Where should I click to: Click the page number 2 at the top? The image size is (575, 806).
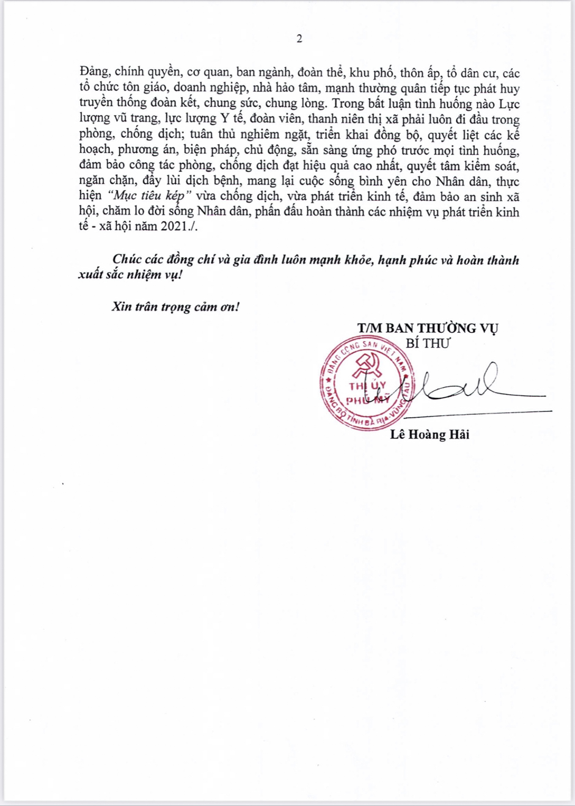[x=299, y=39]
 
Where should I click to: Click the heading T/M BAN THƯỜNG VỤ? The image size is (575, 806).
[x=427, y=328]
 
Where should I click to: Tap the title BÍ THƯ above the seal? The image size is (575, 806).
[x=428, y=343]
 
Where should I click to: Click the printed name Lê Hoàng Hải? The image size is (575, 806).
[x=429, y=435]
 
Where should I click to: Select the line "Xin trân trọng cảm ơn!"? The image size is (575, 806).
[x=175, y=307]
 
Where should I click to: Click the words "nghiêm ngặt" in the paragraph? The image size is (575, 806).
[x=284, y=135]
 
